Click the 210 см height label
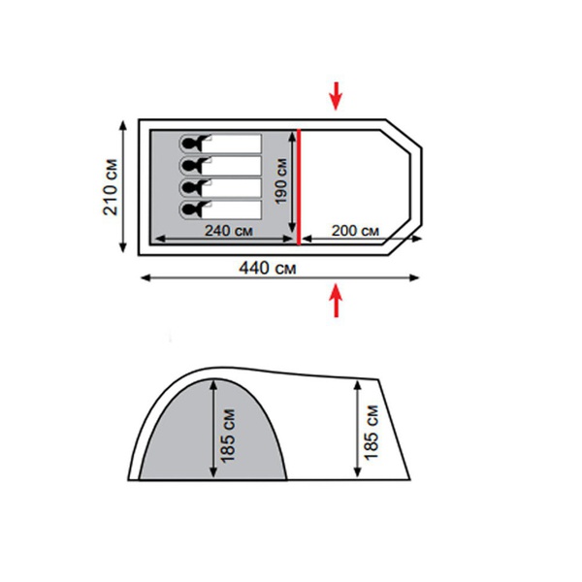coord(111,187)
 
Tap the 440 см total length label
coord(268,268)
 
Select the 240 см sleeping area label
coord(229,231)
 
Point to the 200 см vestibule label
coord(355,231)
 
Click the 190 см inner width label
coord(281,181)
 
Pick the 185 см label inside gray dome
coord(228,436)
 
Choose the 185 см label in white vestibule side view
coord(371,433)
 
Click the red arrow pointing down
coord(336,96)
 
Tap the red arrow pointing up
coord(337,301)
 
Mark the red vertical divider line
coord(299,186)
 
